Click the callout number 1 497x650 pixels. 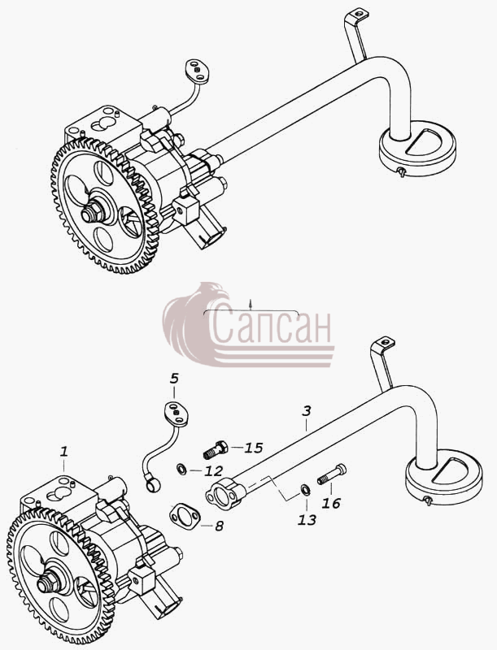pyautogui.click(x=63, y=452)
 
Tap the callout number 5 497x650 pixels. pyautogui.click(x=174, y=378)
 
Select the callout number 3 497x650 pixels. pyautogui.click(x=306, y=411)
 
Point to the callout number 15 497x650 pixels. pyautogui.click(x=254, y=448)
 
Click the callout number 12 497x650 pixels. pyautogui.click(x=214, y=471)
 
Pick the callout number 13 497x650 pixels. pyautogui.click(x=307, y=520)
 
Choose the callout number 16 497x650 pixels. pyautogui.click(x=331, y=503)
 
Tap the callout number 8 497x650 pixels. pyautogui.click(x=219, y=526)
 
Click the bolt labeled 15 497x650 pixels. pyautogui.click(x=216, y=450)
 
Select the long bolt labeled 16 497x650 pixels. pyautogui.click(x=332, y=474)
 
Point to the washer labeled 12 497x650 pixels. pyautogui.click(x=181, y=470)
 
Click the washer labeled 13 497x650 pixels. pyautogui.click(x=304, y=491)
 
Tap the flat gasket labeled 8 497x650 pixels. pyautogui.click(x=185, y=517)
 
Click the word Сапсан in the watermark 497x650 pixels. pyautogui.click(x=272, y=327)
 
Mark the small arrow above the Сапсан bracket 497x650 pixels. pyautogui.click(x=251, y=305)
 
